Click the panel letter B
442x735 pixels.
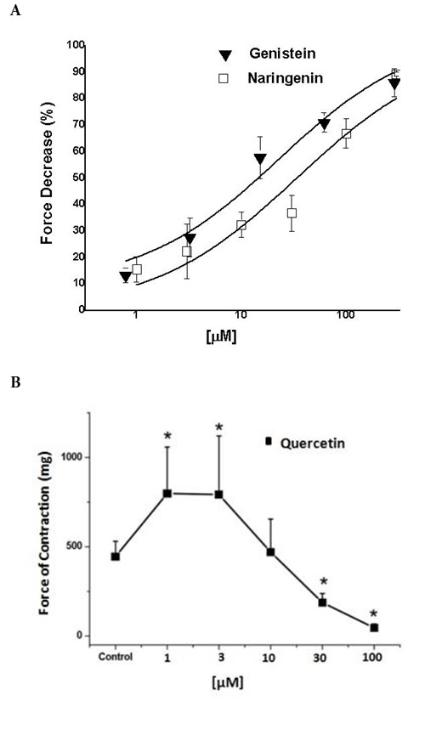pos(14,382)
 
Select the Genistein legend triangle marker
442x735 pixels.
pos(224,55)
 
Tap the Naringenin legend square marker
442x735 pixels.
pos(224,78)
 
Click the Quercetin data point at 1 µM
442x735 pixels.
pos(167,494)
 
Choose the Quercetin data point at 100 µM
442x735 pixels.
pos(373,628)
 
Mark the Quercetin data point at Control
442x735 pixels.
pos(115,557)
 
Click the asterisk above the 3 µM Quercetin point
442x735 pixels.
pos(218,427)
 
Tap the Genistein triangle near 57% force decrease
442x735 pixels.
pos(260,159)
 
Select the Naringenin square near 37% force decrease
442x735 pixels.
pos(292,213)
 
